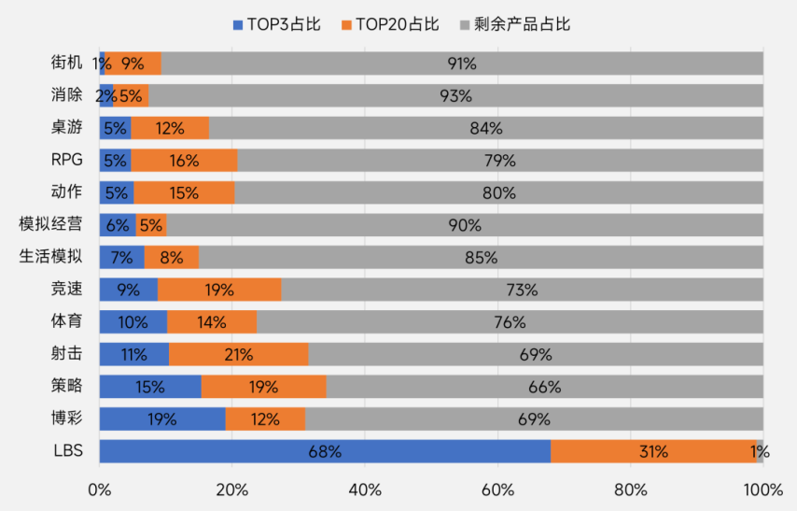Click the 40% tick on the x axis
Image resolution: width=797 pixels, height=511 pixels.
pos(365,490)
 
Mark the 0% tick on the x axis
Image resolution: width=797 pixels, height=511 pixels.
pos(100,490)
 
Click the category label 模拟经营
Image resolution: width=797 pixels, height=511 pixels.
pos(50,224)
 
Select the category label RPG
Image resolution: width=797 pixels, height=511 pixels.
pos(67,160)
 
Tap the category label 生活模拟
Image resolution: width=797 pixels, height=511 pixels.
pos(50,257)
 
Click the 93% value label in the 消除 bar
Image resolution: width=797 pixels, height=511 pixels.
pos(456,96)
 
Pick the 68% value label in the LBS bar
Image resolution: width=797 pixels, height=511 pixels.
pos(325,451)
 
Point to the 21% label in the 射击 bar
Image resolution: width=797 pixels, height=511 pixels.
pos(238,354)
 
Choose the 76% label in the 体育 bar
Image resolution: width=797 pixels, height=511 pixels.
pos(510,322)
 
